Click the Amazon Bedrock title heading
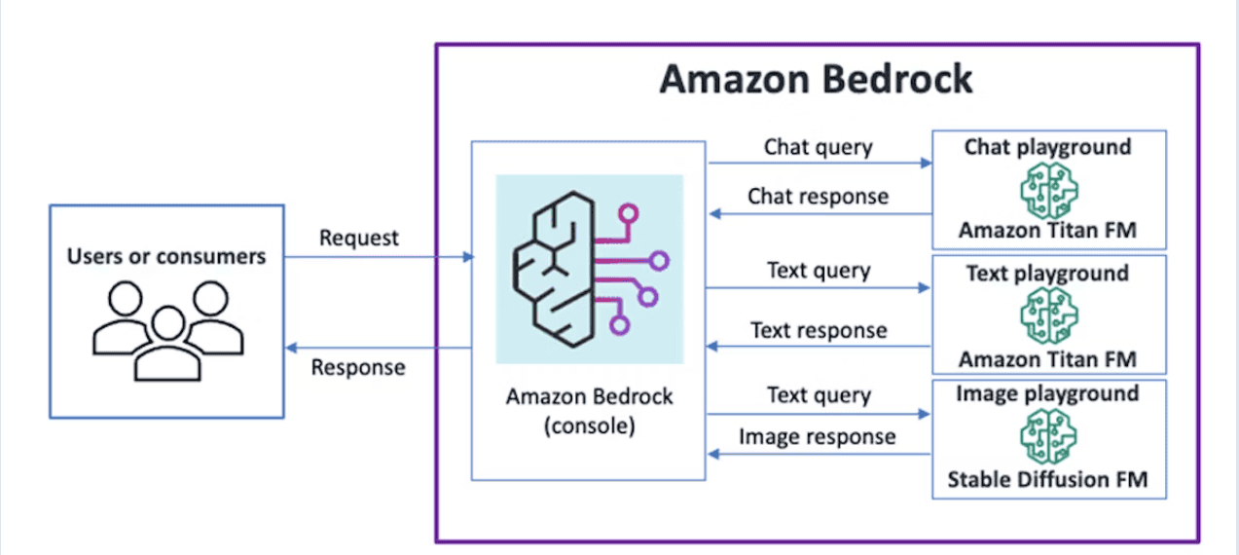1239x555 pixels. point(816,79)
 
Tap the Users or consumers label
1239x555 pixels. point(166,257)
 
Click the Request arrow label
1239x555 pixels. point(358,238)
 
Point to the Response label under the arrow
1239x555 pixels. point(358,367)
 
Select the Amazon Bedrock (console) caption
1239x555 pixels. point(589,411)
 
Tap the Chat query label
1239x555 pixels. point(818,147)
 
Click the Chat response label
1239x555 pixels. point(818,196)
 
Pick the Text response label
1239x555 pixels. point(819,330)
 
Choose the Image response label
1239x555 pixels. point(818,436)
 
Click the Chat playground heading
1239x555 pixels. point(1047,147)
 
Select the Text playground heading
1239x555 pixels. point(1047,274)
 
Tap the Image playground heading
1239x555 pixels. point(1047,394)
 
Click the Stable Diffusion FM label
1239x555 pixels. point(1047,480)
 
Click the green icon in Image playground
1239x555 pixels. point(1047,436)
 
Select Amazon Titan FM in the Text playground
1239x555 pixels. point(1047,359)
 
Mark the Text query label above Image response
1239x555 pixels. point(819,395)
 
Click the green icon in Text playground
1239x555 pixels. point(1047,315)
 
